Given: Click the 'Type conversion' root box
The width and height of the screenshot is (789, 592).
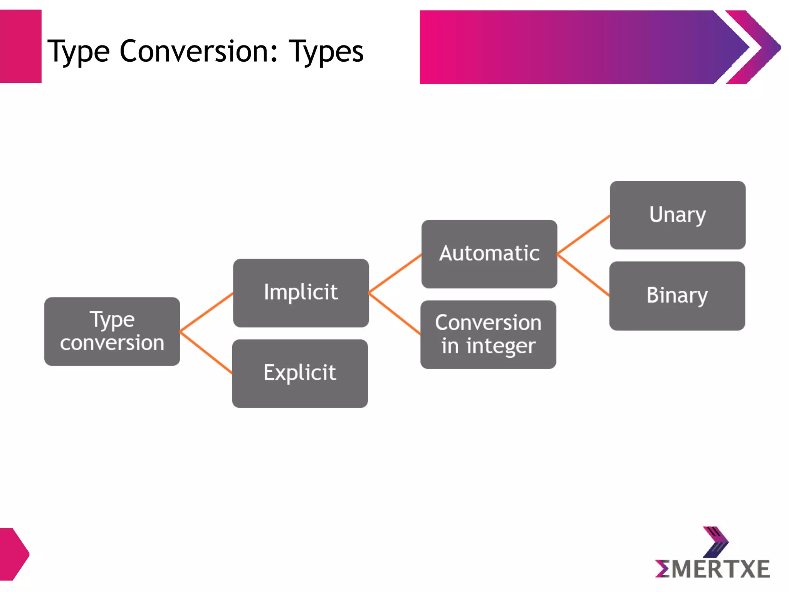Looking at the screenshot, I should [x=112, y=331].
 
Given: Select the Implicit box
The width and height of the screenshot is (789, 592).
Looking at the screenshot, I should [x=300, y=293].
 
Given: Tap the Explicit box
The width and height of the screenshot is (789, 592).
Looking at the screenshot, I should [x=300, y=373].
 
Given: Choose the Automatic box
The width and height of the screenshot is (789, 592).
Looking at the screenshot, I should [x=489, y=254].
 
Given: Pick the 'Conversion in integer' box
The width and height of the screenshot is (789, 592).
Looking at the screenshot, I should [x=488, y=334].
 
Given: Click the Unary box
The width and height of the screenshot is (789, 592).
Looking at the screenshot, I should [x=677, y=215].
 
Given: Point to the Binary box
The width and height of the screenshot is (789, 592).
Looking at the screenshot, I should [x=677, y=296].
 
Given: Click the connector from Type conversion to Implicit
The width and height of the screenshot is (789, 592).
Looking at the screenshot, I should [x=206, y=312].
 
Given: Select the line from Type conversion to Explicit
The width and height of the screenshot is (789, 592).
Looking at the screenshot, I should [x=206, y=352].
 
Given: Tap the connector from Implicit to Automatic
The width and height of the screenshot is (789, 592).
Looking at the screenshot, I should [x=395, y=274].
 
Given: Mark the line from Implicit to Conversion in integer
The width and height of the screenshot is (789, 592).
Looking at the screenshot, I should [x=394, y=314].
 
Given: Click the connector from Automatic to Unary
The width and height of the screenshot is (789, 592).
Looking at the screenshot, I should [x=583, y=235].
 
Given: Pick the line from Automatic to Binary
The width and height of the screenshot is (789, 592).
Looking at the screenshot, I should [x=583, y=275].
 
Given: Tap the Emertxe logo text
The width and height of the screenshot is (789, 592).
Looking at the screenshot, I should [x=713, y=569].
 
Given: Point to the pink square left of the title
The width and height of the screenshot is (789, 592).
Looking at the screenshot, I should [x=20, y=46].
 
